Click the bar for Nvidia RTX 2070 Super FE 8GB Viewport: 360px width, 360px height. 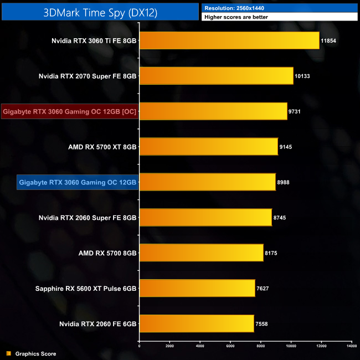point(216,76)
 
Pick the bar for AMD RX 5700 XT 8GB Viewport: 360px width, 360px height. point(208,146)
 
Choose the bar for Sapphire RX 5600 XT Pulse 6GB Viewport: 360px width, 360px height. point(197,288)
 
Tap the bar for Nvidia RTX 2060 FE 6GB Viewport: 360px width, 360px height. point(196,323)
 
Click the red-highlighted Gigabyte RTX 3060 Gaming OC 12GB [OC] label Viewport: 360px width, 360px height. point(70,111)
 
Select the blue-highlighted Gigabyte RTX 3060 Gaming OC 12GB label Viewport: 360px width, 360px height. point(78,182)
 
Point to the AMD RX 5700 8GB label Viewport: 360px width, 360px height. point(107,253)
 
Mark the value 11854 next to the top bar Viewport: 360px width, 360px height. point(328,41)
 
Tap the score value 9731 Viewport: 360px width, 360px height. point(295,112)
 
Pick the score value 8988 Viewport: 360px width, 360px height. point(284,182)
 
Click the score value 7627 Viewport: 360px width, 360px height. point(263,289)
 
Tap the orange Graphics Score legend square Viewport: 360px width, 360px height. point(8,353)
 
